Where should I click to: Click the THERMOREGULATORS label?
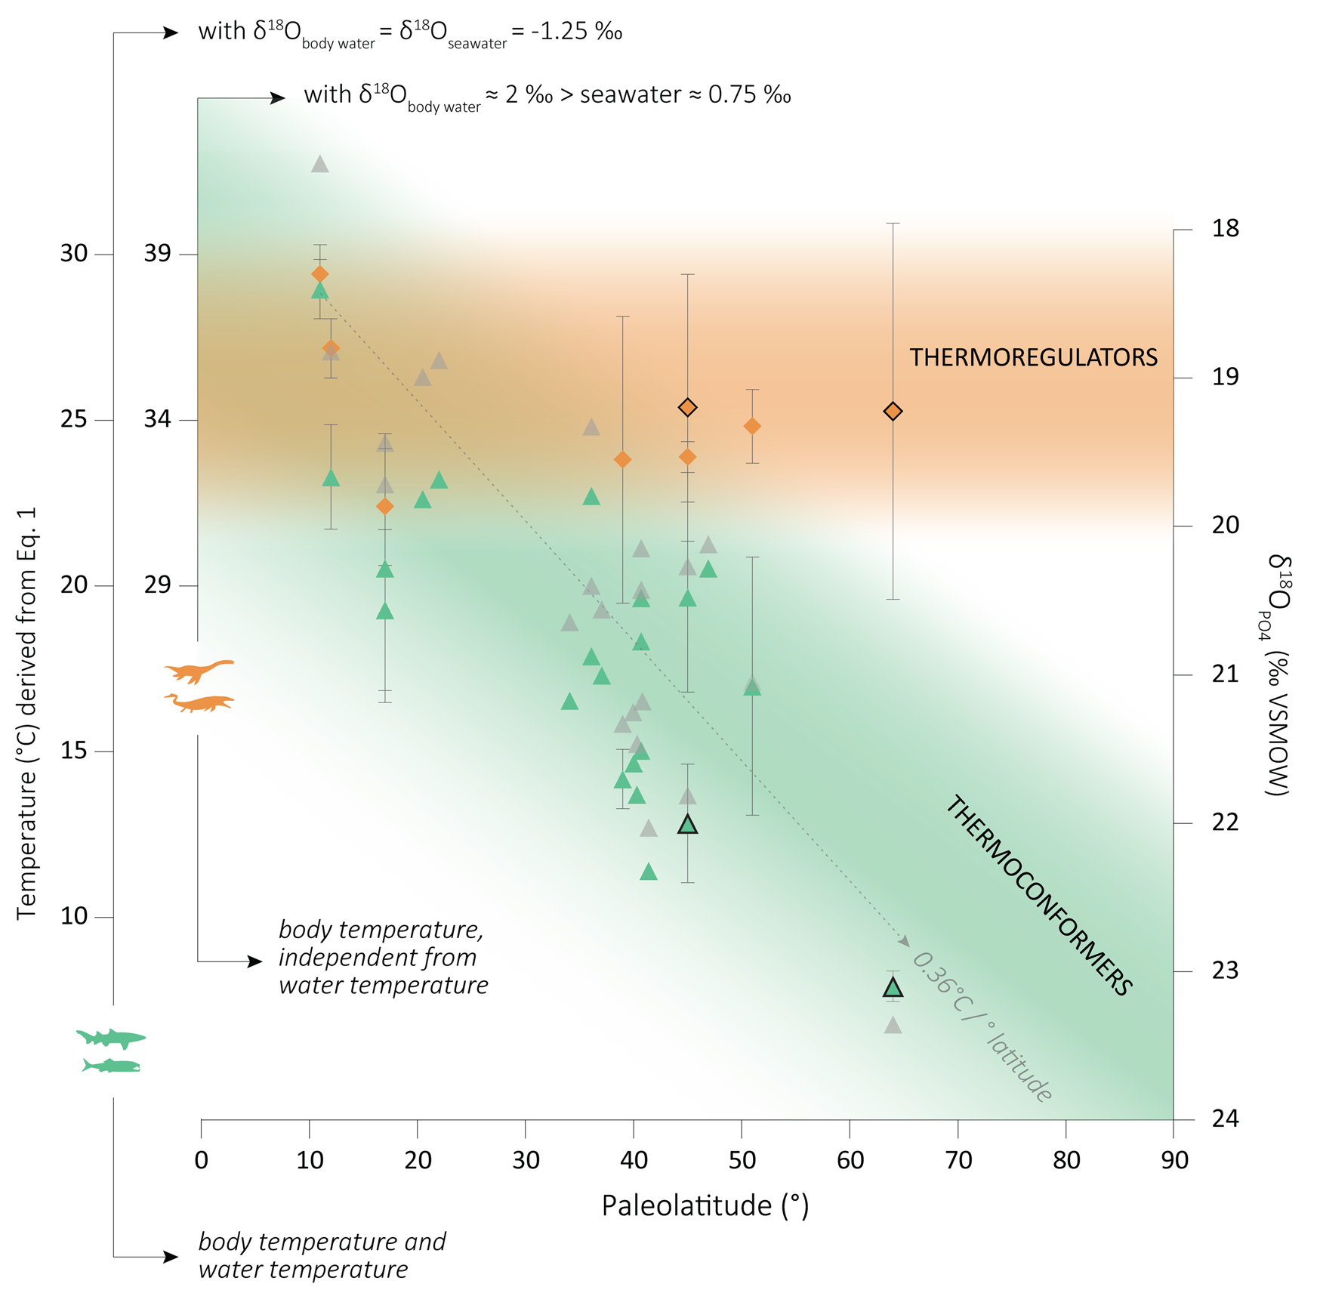tap(1032, 357)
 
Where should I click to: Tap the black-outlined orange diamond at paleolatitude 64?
tap(893, 411)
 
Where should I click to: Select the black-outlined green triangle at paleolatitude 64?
tap(893, 987)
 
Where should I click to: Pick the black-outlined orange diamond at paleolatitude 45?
tap(687, 407)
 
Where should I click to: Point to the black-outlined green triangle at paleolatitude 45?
tap(687, 824)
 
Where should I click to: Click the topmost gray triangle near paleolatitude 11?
tap(320, 164)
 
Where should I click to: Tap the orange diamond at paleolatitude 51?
tap(752, 426)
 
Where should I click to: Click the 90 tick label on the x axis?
tap(1174, 1159)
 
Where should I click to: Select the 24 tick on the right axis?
tap(1225, 1119)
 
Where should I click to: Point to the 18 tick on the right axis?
tap(1225, 229)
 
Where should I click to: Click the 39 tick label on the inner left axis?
tap(158, 254)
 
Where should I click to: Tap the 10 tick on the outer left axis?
tap(74, 916)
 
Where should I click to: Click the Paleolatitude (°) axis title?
tap(705, 1205)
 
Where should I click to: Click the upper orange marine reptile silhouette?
tap(199, 670)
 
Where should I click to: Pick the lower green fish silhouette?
tap(112, 1066)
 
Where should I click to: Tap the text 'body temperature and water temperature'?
tap(322, 1255)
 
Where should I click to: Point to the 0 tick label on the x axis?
tap(201, 1159)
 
